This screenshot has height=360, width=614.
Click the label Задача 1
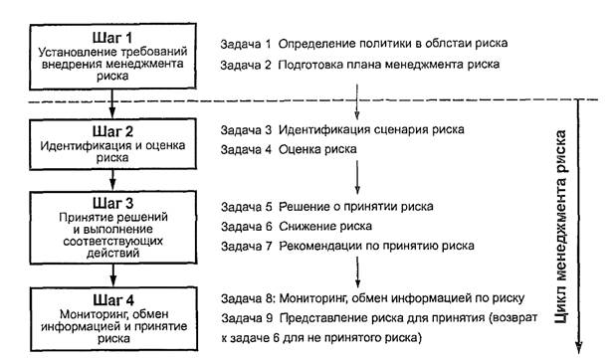click(246, 45)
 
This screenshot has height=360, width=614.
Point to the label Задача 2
click(246, 65)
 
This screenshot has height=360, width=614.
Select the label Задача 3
click(246, 130)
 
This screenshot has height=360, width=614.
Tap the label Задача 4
click(246, 150)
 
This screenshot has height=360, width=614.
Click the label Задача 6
click(246, 226)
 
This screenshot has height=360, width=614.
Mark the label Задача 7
click(246, 246)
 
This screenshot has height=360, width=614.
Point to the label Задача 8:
click(248, 297)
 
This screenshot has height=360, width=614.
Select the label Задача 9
click(246, 317)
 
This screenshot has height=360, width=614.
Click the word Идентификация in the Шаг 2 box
click(84, 146)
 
